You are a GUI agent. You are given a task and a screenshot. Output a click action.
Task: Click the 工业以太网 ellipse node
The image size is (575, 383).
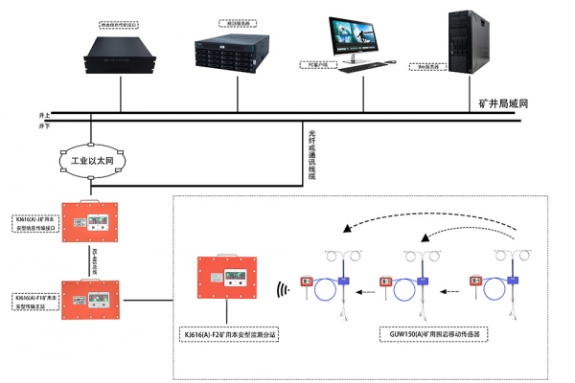(x=91, y=164)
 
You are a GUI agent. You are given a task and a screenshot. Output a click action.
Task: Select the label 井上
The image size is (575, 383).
(x=44, y=115)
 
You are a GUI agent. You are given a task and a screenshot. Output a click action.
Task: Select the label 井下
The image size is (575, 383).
(x=44, y=125)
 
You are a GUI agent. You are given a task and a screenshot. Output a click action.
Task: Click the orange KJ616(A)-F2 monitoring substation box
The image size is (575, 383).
(x=225, y=281)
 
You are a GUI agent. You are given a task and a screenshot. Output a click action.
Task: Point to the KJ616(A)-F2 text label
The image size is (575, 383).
(x=230, y=335)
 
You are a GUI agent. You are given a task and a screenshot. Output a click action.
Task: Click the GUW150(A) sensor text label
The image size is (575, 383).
(x=429, y=335)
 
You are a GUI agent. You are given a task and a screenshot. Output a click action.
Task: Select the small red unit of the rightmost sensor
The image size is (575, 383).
(x=475, y=282)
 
